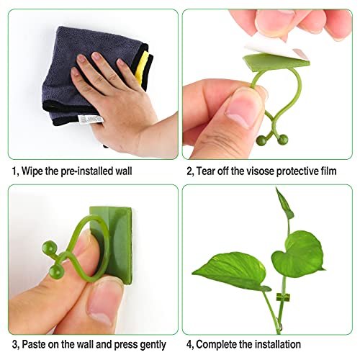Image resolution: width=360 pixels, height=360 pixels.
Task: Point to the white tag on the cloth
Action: (91, 120)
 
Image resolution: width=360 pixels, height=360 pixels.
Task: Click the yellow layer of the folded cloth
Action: (141, 68)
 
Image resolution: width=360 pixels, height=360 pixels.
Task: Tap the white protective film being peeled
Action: (276, 48)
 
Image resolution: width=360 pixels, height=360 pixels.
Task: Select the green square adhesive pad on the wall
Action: (111, 245)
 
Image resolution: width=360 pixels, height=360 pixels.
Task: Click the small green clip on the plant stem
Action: (283, 297)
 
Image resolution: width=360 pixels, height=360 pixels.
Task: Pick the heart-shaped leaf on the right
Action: (297, 254)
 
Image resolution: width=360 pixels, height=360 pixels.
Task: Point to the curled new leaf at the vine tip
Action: (284, 204)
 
